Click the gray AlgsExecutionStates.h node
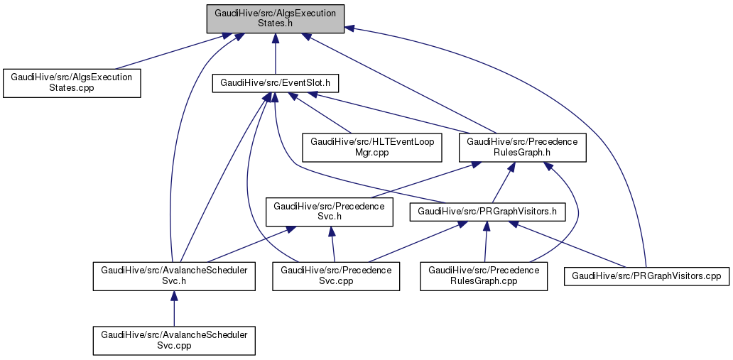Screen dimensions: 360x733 [276, 18]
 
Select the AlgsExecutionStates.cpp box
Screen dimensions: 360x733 [71, 82]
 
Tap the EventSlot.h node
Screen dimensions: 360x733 [276, 83]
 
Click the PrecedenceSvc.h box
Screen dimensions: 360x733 [330, 212]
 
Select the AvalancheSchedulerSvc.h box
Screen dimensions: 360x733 [174, 276]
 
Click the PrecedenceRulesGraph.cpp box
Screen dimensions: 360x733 [484, 276]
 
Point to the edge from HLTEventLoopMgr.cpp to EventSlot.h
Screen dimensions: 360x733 [323, 114]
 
